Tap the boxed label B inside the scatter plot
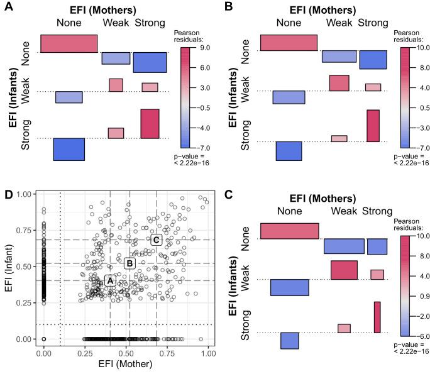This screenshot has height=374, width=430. [130, 263]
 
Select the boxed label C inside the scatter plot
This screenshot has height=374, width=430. [157, 239]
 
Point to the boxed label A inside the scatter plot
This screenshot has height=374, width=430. [110, 281]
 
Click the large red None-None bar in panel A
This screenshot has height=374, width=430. [69, 43]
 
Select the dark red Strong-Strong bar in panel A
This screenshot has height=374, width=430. [150, 123]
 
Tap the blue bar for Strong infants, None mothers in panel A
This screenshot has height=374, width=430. [69, 150]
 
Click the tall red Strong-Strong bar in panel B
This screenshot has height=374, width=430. [373, 126]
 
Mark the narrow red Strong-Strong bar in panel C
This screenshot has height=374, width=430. [377, 317]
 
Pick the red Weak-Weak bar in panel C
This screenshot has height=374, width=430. [344, 270]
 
